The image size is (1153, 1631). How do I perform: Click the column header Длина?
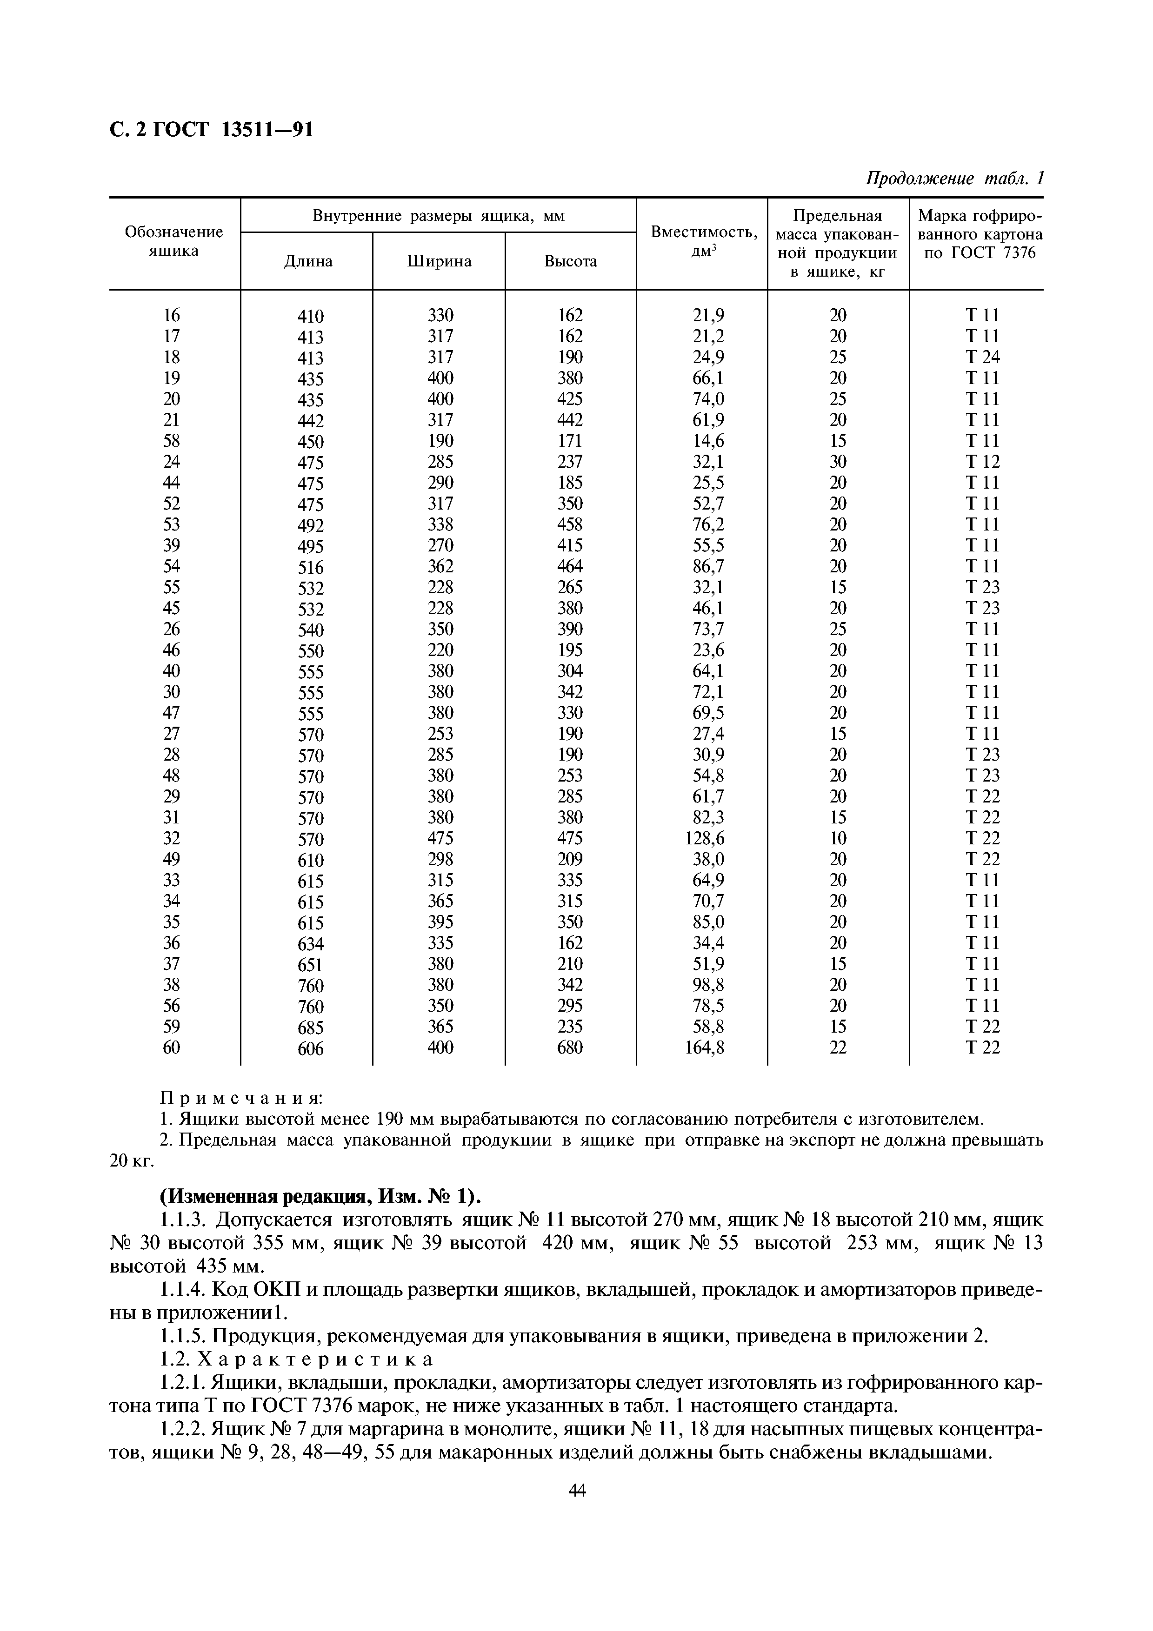point(307,261)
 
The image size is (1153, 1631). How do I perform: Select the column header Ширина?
point(439,261)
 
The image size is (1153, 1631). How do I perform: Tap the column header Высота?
point(571,261)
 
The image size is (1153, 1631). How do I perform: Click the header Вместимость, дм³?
point(703,241)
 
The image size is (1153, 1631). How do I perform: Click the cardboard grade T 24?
point(982,357)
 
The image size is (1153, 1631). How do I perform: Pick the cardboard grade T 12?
point(982,462)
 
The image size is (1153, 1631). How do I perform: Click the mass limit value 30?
point(838,462)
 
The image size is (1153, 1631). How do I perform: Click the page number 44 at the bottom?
point(578,1490)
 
